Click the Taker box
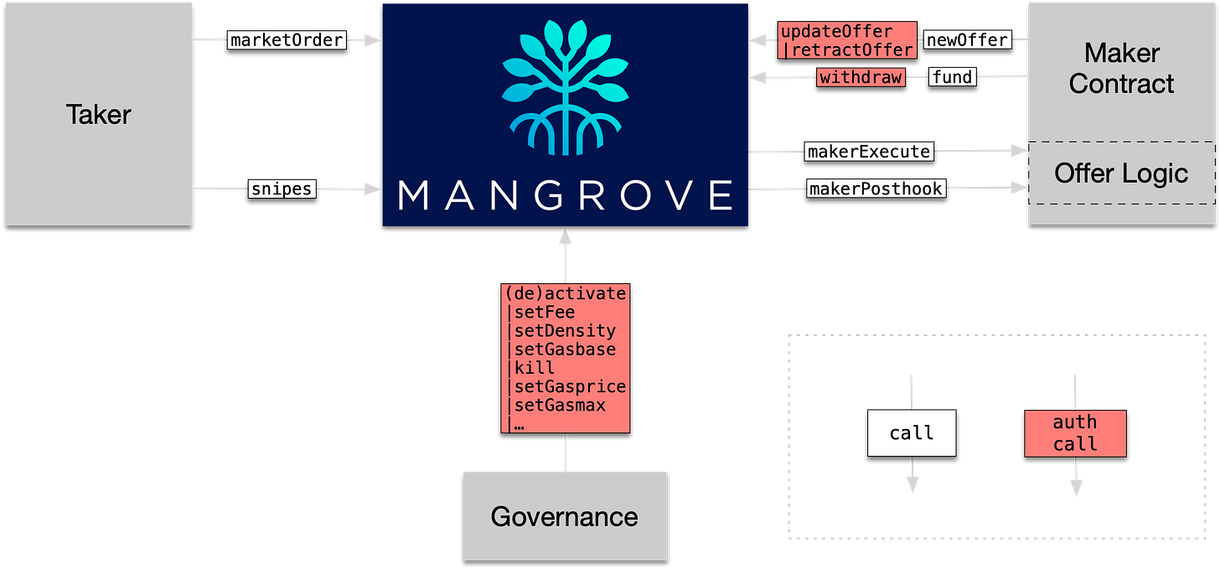click(x=99, y=114)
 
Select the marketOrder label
click(x=286, y=39)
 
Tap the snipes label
click(x=282, y=189)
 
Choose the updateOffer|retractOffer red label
click(x=847, y=40)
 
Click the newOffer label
click(x=966, y=39)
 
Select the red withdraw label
click(x=861, y=78)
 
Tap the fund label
click(x=953, y=78)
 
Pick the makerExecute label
click(x=868, y=152)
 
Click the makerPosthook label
click(x=876, y=189)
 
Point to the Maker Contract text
click(x=1121, y=68)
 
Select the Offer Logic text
click(x=1121, y=173)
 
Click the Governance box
click(x=565, y=515)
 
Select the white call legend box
click(x=911, y=433)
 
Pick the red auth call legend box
click(x=1075, y=433)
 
